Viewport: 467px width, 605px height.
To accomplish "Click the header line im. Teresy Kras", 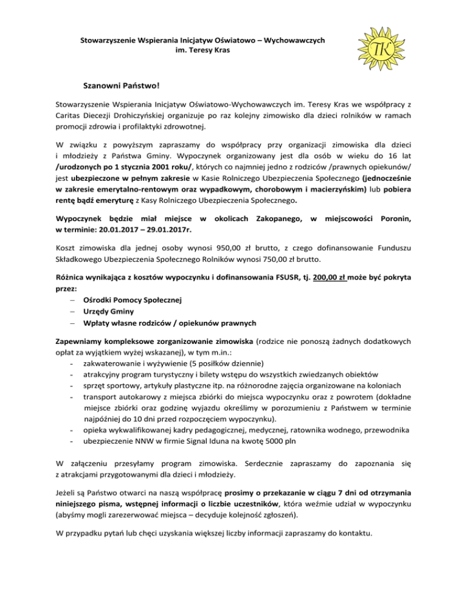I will pyautogui.click(x=202, y=52).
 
